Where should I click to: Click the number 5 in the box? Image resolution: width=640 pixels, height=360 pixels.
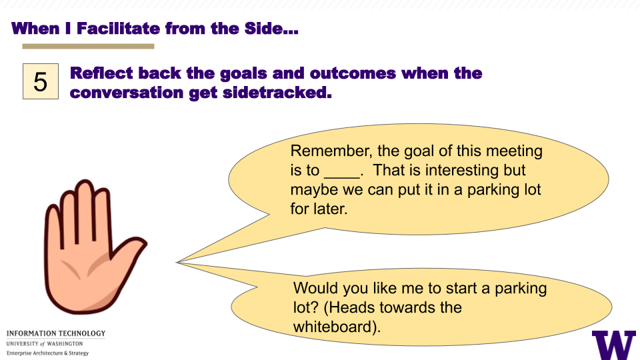click(x=41, y=82)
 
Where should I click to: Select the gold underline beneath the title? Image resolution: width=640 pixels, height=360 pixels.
click(x=88, y=47)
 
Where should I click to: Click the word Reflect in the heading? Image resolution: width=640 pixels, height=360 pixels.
click(x=101, y=73)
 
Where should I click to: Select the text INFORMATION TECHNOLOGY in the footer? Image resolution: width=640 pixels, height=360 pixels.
click(x=56, y=333)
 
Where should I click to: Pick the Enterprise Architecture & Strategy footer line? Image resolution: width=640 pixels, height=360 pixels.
click(x=47, y=353)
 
